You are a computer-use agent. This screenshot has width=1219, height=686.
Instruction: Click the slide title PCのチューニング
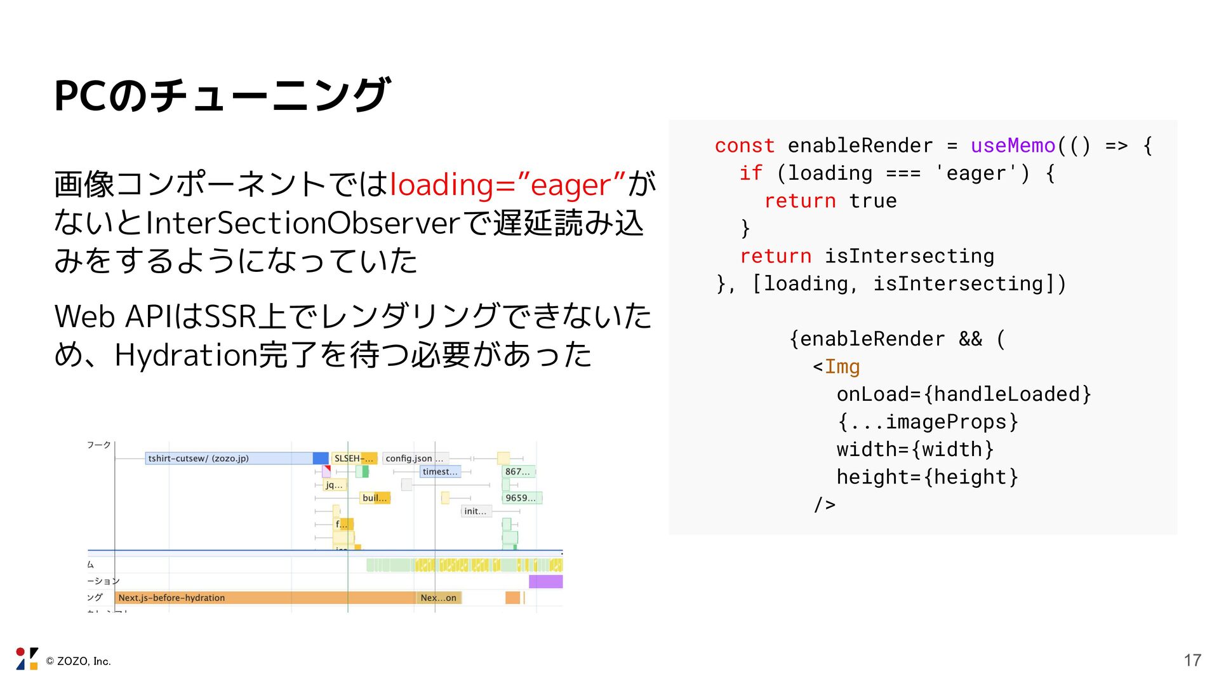coord(222,95)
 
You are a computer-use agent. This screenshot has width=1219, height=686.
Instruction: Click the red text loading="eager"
coord(507,185)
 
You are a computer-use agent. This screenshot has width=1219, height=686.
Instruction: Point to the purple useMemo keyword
coord(1013,145)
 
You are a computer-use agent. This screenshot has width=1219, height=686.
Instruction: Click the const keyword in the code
coord(744,145)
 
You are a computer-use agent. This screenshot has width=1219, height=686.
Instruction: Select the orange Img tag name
coord(842,367)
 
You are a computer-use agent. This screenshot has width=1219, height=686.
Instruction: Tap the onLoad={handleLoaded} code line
coord(963,394)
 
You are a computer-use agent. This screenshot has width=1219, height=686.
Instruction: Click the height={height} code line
coord(927,477)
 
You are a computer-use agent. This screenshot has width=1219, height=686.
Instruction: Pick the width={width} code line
coord(915,450)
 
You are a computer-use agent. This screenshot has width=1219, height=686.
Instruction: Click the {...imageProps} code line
coord(927,422)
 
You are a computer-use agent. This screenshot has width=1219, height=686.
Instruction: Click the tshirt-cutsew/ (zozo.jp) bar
coord(229,459)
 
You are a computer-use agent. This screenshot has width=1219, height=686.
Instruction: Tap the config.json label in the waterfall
coord(410,459)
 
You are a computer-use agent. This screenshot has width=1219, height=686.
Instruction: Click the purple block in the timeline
coord(545,581)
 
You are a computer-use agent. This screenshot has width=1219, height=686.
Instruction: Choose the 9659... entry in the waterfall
coord(521,498)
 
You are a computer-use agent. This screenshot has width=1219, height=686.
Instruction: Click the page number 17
coord(1192,661)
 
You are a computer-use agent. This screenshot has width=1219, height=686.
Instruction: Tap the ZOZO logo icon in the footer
coord(27,659)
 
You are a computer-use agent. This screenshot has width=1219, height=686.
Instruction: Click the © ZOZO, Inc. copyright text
coord(78,661)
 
